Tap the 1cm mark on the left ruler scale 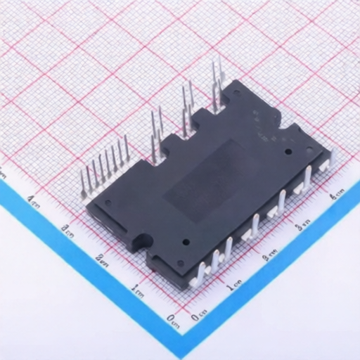point(138,288)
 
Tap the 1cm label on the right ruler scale point(234,287)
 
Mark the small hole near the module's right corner point(288,150)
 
